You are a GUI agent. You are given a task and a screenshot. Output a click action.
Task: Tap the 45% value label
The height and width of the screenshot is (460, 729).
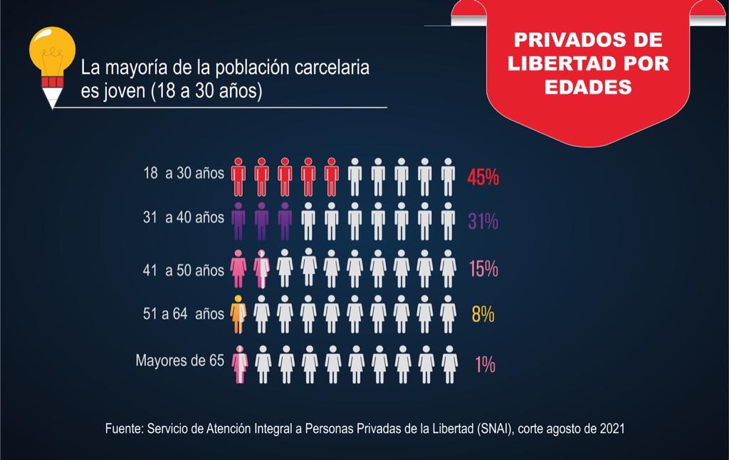483,177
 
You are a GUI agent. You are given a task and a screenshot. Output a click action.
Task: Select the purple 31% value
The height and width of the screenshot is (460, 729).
483,221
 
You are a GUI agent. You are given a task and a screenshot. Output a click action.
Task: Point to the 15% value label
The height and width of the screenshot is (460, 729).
483,269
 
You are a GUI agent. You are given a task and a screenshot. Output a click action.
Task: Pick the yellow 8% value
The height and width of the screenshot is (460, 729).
483,314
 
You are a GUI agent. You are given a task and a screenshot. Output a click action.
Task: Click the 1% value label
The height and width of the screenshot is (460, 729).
485,365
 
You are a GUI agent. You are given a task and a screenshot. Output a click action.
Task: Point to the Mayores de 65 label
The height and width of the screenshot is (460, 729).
179,360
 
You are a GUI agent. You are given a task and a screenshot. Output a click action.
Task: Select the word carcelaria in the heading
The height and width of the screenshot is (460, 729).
335,69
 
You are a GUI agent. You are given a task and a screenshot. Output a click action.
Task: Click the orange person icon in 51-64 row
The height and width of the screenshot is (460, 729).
238,314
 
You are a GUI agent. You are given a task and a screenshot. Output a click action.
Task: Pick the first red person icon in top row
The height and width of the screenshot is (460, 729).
238,177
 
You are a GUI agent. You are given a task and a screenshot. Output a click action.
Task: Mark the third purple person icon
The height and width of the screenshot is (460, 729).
285,221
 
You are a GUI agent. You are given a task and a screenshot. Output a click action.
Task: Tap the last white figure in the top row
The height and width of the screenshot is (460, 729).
448,177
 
